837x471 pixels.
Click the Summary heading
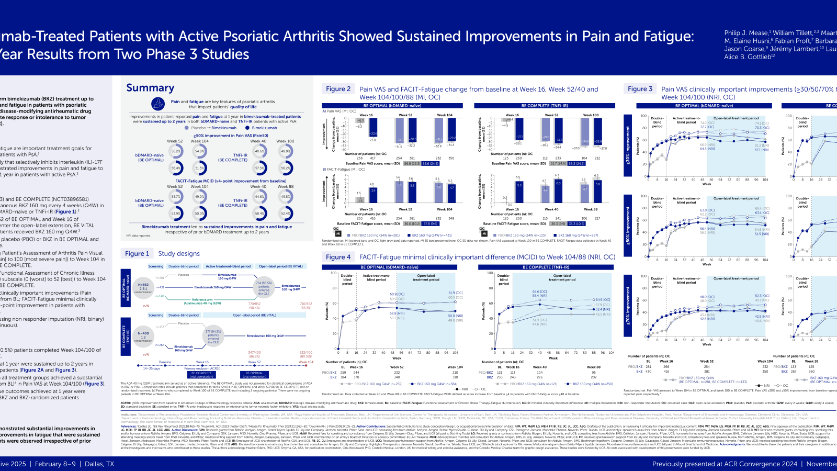coord(150,88)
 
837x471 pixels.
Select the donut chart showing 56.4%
coord(176,168)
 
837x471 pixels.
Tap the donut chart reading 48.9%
coord(286,151)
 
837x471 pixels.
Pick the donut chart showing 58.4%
coord(259,214)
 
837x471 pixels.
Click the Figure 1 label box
coord(137,253)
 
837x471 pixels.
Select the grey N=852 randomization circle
coord(143,287)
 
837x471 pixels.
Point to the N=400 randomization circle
coord(143,335)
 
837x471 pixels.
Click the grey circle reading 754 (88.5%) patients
coord(264,287)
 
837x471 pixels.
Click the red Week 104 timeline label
coord(306,362)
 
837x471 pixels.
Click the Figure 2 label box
coord(338,89)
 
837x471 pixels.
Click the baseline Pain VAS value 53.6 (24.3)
coord(430,163)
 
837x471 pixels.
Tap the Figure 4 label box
coord(338,257)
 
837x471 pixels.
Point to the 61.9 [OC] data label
coord(455,293)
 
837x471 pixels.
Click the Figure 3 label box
coord(640,89)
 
